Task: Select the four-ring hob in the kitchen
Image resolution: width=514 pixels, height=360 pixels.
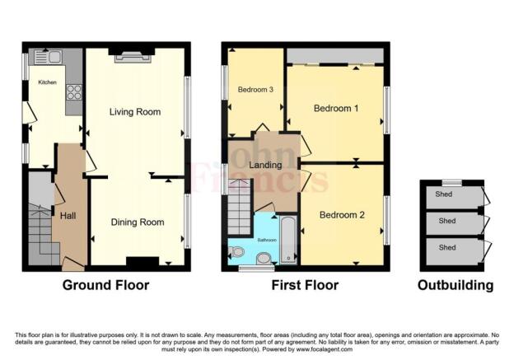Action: click(x=73, y=93)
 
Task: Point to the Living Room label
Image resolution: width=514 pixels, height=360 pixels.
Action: click(x=136, y=111)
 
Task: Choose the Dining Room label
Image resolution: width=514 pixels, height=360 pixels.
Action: click(x=137, y=222)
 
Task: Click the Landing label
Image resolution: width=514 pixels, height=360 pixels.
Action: click(x=265, y=166)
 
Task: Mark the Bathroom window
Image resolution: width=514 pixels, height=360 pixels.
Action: click(x=250, y=268)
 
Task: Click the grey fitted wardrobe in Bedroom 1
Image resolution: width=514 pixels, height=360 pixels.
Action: click(x=334, y=54)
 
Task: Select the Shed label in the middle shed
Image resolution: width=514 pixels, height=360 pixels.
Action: click(x=446, y=221)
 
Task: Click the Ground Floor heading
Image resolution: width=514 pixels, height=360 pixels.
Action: click(x=106, y=286)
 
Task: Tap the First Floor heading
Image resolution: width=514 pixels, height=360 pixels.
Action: click(x=306, y=286)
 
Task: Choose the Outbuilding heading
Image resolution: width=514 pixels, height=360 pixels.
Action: click(x=455, y=286)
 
